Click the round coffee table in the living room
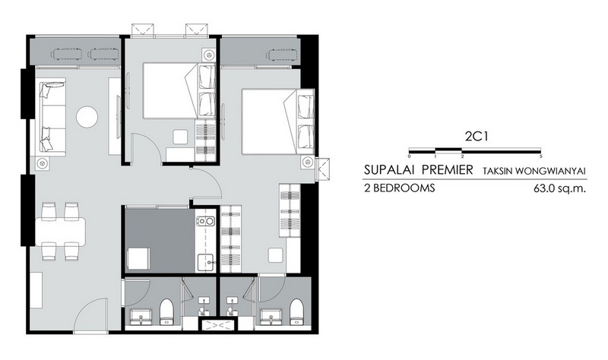(x=87, y=117)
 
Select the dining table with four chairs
(x=61, y=232)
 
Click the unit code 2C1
(x=476, y=137)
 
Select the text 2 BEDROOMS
(x=400, y=188)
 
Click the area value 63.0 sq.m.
(x=559, y=188)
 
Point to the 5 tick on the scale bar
(x=540, y=156)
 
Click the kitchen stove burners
(x=205, y=221)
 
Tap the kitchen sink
(x=206, y=262)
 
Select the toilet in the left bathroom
(x=167, y=311)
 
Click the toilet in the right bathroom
(x=297, y=311)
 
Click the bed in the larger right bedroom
(x=277, y=122)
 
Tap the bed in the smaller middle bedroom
(x=179, y=90)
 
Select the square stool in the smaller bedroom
(x=180, y=137)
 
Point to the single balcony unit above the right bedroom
(x=282, y=54)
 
